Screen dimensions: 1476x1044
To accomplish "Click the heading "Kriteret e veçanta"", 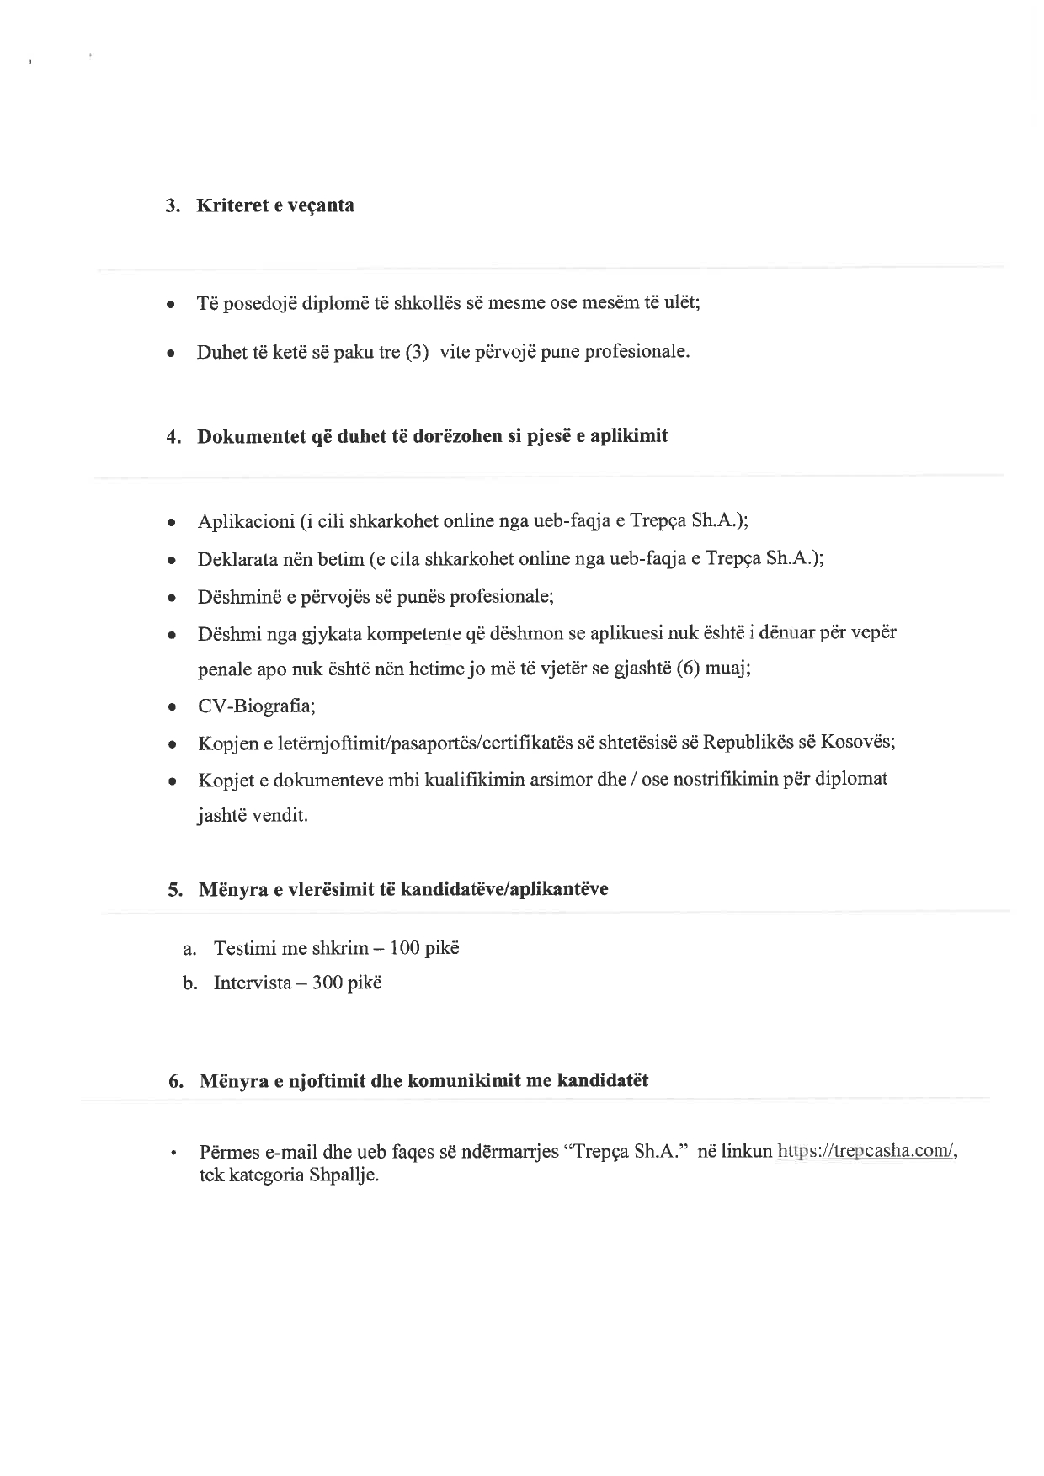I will (x=274, y=205).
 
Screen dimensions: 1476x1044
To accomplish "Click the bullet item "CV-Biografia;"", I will (x=257, y=706).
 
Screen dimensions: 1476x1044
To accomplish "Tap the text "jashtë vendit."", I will (x=253, y=816).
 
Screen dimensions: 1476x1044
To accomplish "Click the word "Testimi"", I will (x=245, y=949).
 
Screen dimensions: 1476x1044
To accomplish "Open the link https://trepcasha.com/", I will (x=867, y=1151).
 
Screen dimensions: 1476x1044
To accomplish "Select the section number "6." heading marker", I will (x=176, y=1082).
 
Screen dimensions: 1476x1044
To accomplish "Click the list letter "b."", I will (x=190, y=983).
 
